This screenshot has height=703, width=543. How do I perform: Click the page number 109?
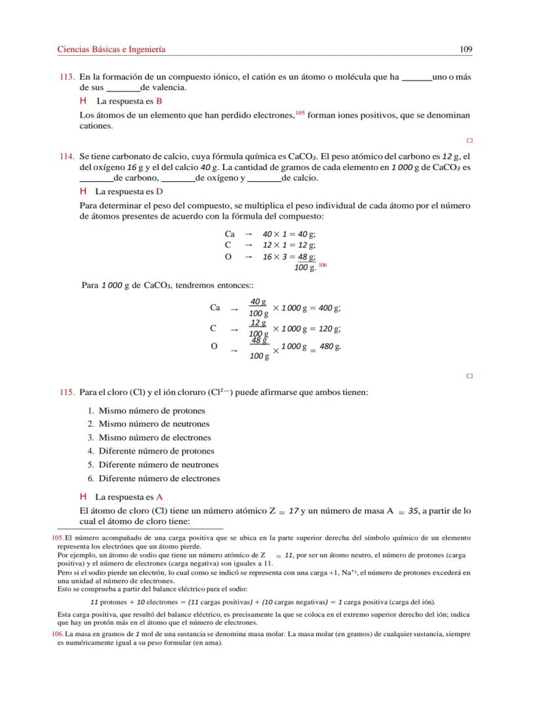[x=466, y=49]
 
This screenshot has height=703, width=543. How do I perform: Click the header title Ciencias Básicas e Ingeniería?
[x=111, y=49]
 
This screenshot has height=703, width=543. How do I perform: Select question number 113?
[x=66, y=77]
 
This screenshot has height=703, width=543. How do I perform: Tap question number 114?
[x=66, y=156]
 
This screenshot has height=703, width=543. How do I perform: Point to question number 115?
[x=66, y=393]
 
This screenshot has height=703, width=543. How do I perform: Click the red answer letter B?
[x=159, y=102]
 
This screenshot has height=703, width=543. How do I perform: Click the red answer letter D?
[x=159, y=192]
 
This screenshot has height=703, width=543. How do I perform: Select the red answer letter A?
[x=159, y=498]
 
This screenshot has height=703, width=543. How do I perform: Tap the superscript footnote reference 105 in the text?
[x=300, y=113]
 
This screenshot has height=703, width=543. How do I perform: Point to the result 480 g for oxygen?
[x=326, y=346]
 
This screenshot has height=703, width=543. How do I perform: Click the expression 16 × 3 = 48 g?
[x=289, y=257]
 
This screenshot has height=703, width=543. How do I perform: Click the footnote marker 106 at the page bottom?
[x=57, y=635]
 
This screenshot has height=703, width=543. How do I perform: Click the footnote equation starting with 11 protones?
[x=262, y=602]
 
